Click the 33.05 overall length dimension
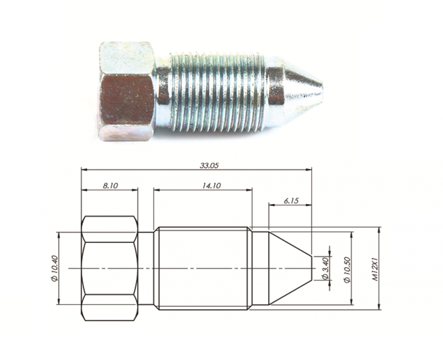(209, 165)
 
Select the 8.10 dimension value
(110, 185)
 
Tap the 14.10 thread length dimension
(211, 185)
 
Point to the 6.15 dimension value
(291, 201)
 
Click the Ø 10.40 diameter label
(55, 268)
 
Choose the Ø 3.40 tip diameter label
(325, 268)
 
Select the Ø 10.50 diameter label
(347, 270)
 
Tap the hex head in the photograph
(127, 91)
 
